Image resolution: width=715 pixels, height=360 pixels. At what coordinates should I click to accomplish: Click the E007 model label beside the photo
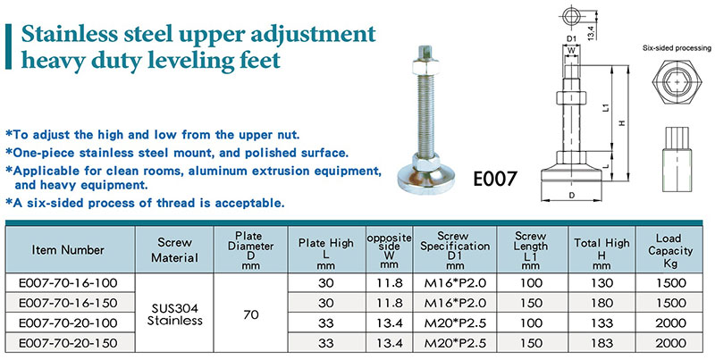point(495,178)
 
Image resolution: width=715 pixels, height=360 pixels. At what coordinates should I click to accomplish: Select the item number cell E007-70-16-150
point(68,303)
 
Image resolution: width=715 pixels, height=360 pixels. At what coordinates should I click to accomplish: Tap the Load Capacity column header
point(669,251)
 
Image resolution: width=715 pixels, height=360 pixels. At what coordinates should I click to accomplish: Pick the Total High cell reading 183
point(601,343)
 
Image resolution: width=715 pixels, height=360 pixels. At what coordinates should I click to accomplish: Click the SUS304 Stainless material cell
point(174,314)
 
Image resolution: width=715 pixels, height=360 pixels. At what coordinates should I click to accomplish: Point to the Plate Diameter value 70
point(251,314)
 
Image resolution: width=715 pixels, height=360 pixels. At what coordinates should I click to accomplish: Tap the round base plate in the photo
point(426,180)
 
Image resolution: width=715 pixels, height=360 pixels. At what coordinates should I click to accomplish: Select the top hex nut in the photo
point(425,67)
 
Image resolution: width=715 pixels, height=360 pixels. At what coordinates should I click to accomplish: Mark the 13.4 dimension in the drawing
point(591,33)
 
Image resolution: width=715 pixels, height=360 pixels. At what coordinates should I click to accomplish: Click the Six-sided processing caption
point(677,48)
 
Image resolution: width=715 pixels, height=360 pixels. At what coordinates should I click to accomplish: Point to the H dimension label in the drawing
point(621,122)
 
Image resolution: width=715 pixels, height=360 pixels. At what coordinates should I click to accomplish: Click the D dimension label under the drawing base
point(571,196)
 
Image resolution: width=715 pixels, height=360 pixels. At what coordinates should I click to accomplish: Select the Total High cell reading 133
point(601,323)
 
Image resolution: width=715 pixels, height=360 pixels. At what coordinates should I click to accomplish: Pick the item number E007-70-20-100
point(68,323)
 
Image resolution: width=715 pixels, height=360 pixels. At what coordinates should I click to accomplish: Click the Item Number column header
point(68,250)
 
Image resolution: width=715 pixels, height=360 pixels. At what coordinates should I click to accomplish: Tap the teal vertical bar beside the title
point(8,46)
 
